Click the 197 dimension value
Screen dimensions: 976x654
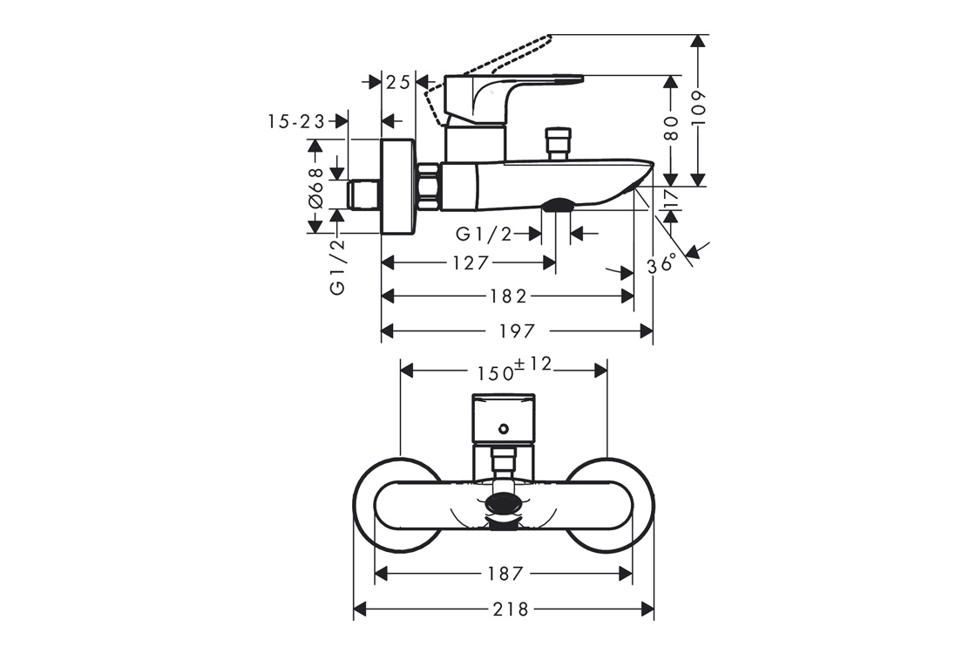[517, 330]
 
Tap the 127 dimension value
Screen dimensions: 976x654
[471, 262]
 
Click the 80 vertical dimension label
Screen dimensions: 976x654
[671, 129]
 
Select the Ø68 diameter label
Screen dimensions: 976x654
[315, 187]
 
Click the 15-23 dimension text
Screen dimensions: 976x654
[297, 121]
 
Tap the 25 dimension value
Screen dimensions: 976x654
[398, 82]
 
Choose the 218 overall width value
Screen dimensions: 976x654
[511, 609]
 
